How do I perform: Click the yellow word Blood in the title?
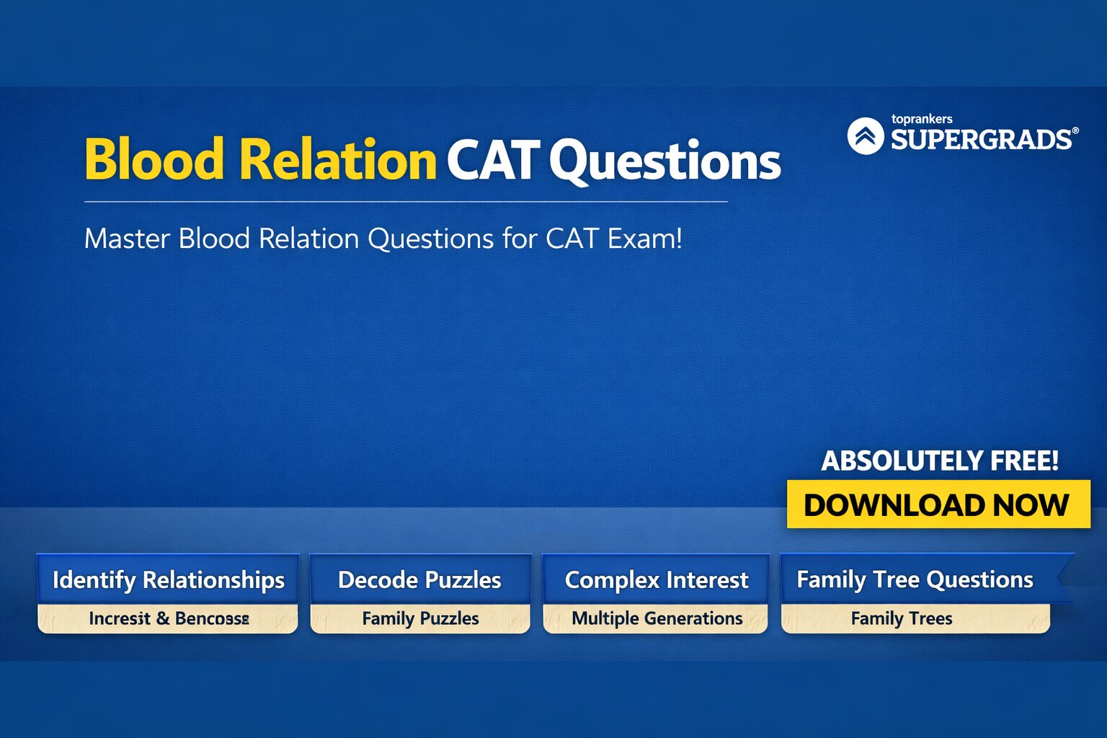[154, 159]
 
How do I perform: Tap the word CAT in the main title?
[493, 159]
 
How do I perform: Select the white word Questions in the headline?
[664, 161]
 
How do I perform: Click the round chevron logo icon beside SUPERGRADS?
[866, 135]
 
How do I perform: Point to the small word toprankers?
[921, 119]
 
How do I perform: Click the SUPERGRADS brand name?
[981, 139]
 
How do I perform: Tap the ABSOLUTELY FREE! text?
[940, 461]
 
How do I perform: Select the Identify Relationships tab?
[168, 579]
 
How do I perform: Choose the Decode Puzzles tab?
[419, 579]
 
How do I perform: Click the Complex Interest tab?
[656, 579]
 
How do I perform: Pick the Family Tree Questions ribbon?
[915, 579]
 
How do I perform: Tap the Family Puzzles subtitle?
[420, 618]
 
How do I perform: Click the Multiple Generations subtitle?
[657, 618]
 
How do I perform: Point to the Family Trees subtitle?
[901, 618]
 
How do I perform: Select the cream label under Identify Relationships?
[168, 618]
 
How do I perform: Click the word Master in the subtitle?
[127, 239]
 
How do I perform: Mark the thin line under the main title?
[405, 202]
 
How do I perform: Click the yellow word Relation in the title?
[337, 159]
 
